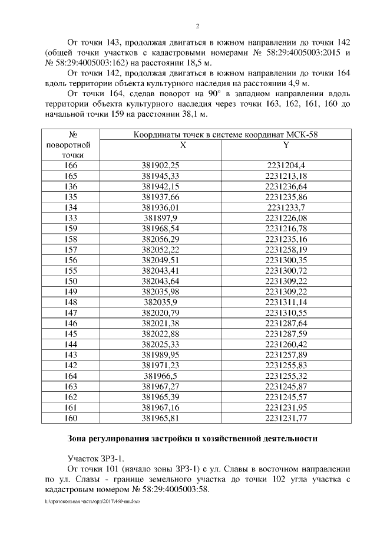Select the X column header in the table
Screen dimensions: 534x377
182,145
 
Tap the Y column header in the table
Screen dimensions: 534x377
286,145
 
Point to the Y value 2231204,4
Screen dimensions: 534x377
286,166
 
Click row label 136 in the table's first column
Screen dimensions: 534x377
71,186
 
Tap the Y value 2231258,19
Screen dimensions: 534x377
286,250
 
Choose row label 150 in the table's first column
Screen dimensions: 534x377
71,281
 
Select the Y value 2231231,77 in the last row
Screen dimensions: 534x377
286,418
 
